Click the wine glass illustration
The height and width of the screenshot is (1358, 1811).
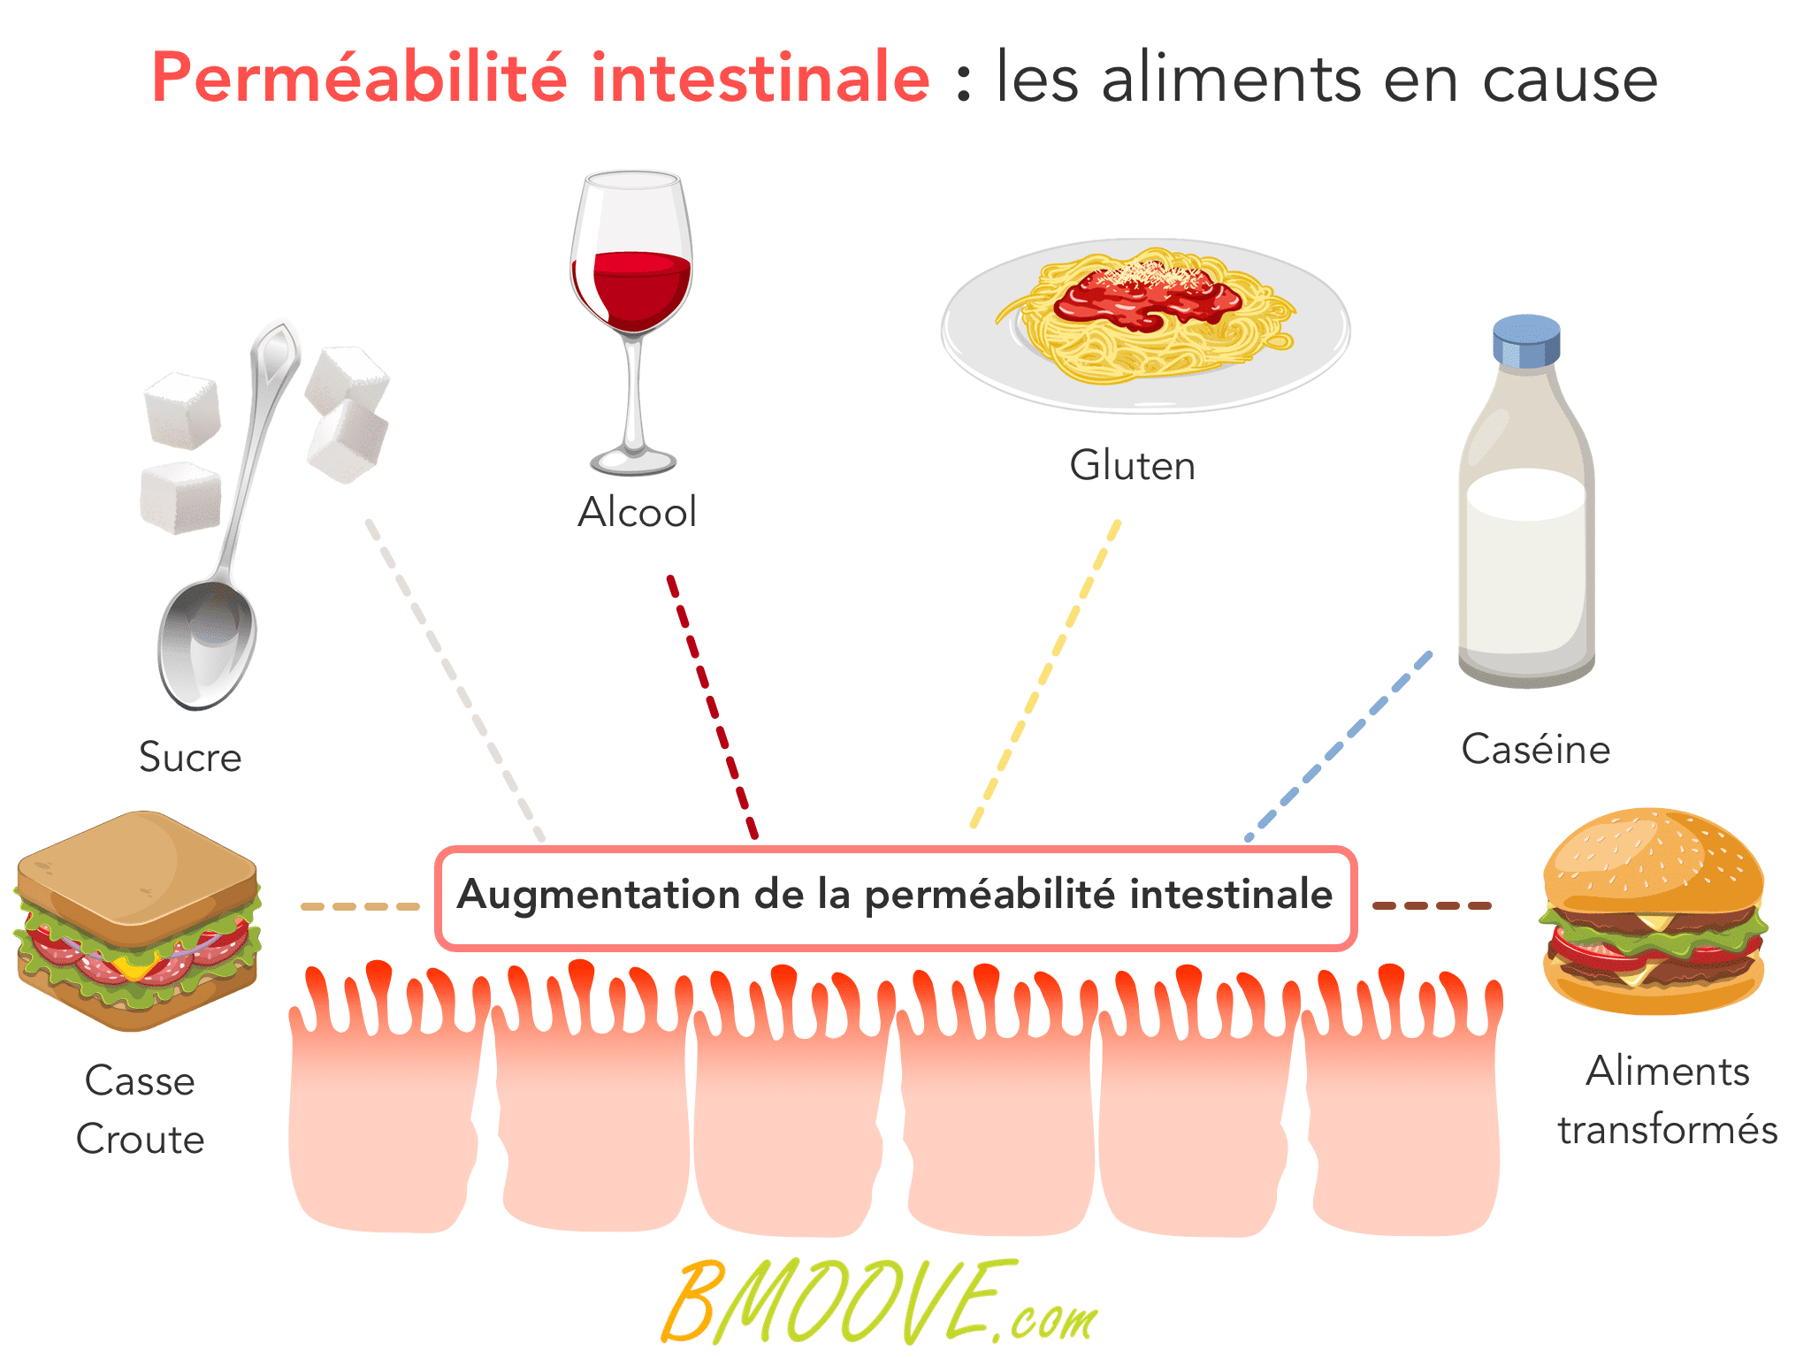click(631, 323)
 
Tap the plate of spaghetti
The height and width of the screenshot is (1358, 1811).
click(1145, 325)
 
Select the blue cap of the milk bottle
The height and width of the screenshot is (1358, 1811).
click(1526, 340)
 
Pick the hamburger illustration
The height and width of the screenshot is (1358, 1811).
click(1653, 911)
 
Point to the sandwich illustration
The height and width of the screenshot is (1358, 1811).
click(138, 920)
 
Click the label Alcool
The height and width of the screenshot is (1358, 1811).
click(637, 512)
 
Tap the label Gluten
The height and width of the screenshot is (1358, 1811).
click(1132, 465)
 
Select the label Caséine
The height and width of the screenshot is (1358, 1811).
click(1535, 749)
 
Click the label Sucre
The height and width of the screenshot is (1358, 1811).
click(190, 757)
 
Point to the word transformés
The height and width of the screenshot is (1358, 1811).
click(1667, 1130)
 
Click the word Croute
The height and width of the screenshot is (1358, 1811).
click(140, 1139)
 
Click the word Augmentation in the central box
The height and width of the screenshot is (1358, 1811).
click(598, 895)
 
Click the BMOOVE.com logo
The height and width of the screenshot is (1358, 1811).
click(880, 1302)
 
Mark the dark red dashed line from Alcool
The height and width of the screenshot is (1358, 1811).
click(713, 707)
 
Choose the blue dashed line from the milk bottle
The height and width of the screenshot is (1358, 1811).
click(1338, 746)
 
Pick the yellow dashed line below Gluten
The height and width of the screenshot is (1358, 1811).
click(1045, 675)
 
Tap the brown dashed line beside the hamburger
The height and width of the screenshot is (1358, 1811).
click(1432, 905)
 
